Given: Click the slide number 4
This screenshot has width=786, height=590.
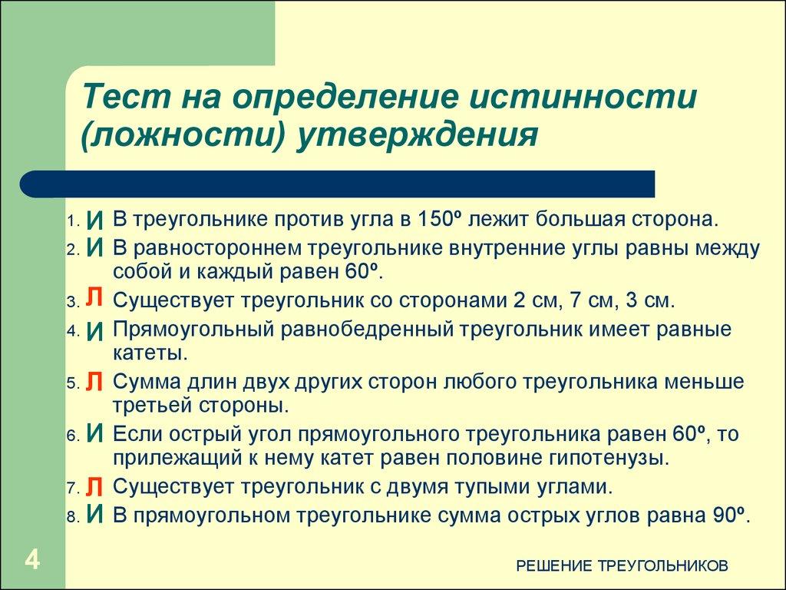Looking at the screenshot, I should point(31,559).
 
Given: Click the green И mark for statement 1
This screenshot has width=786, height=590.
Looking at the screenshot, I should point(94,220).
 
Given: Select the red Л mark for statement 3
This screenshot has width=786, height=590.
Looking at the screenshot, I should point(94,299).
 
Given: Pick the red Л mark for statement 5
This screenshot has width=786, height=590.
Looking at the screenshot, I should point(94,382).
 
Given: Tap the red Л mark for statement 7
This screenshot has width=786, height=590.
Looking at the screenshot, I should point(94,486).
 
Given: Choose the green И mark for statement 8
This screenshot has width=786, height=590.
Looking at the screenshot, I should point(94,514).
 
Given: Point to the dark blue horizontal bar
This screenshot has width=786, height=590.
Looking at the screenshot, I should point(338,184).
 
